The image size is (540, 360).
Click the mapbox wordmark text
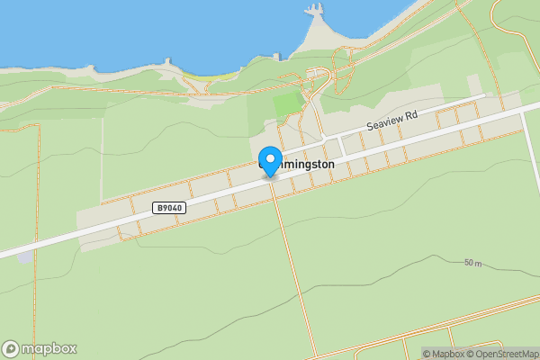(49, 349)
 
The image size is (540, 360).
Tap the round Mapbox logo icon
(11, 349)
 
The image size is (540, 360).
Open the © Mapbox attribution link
(444, 354)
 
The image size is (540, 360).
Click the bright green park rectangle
(288, 103)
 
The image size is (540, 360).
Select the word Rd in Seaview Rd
(411, 115)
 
